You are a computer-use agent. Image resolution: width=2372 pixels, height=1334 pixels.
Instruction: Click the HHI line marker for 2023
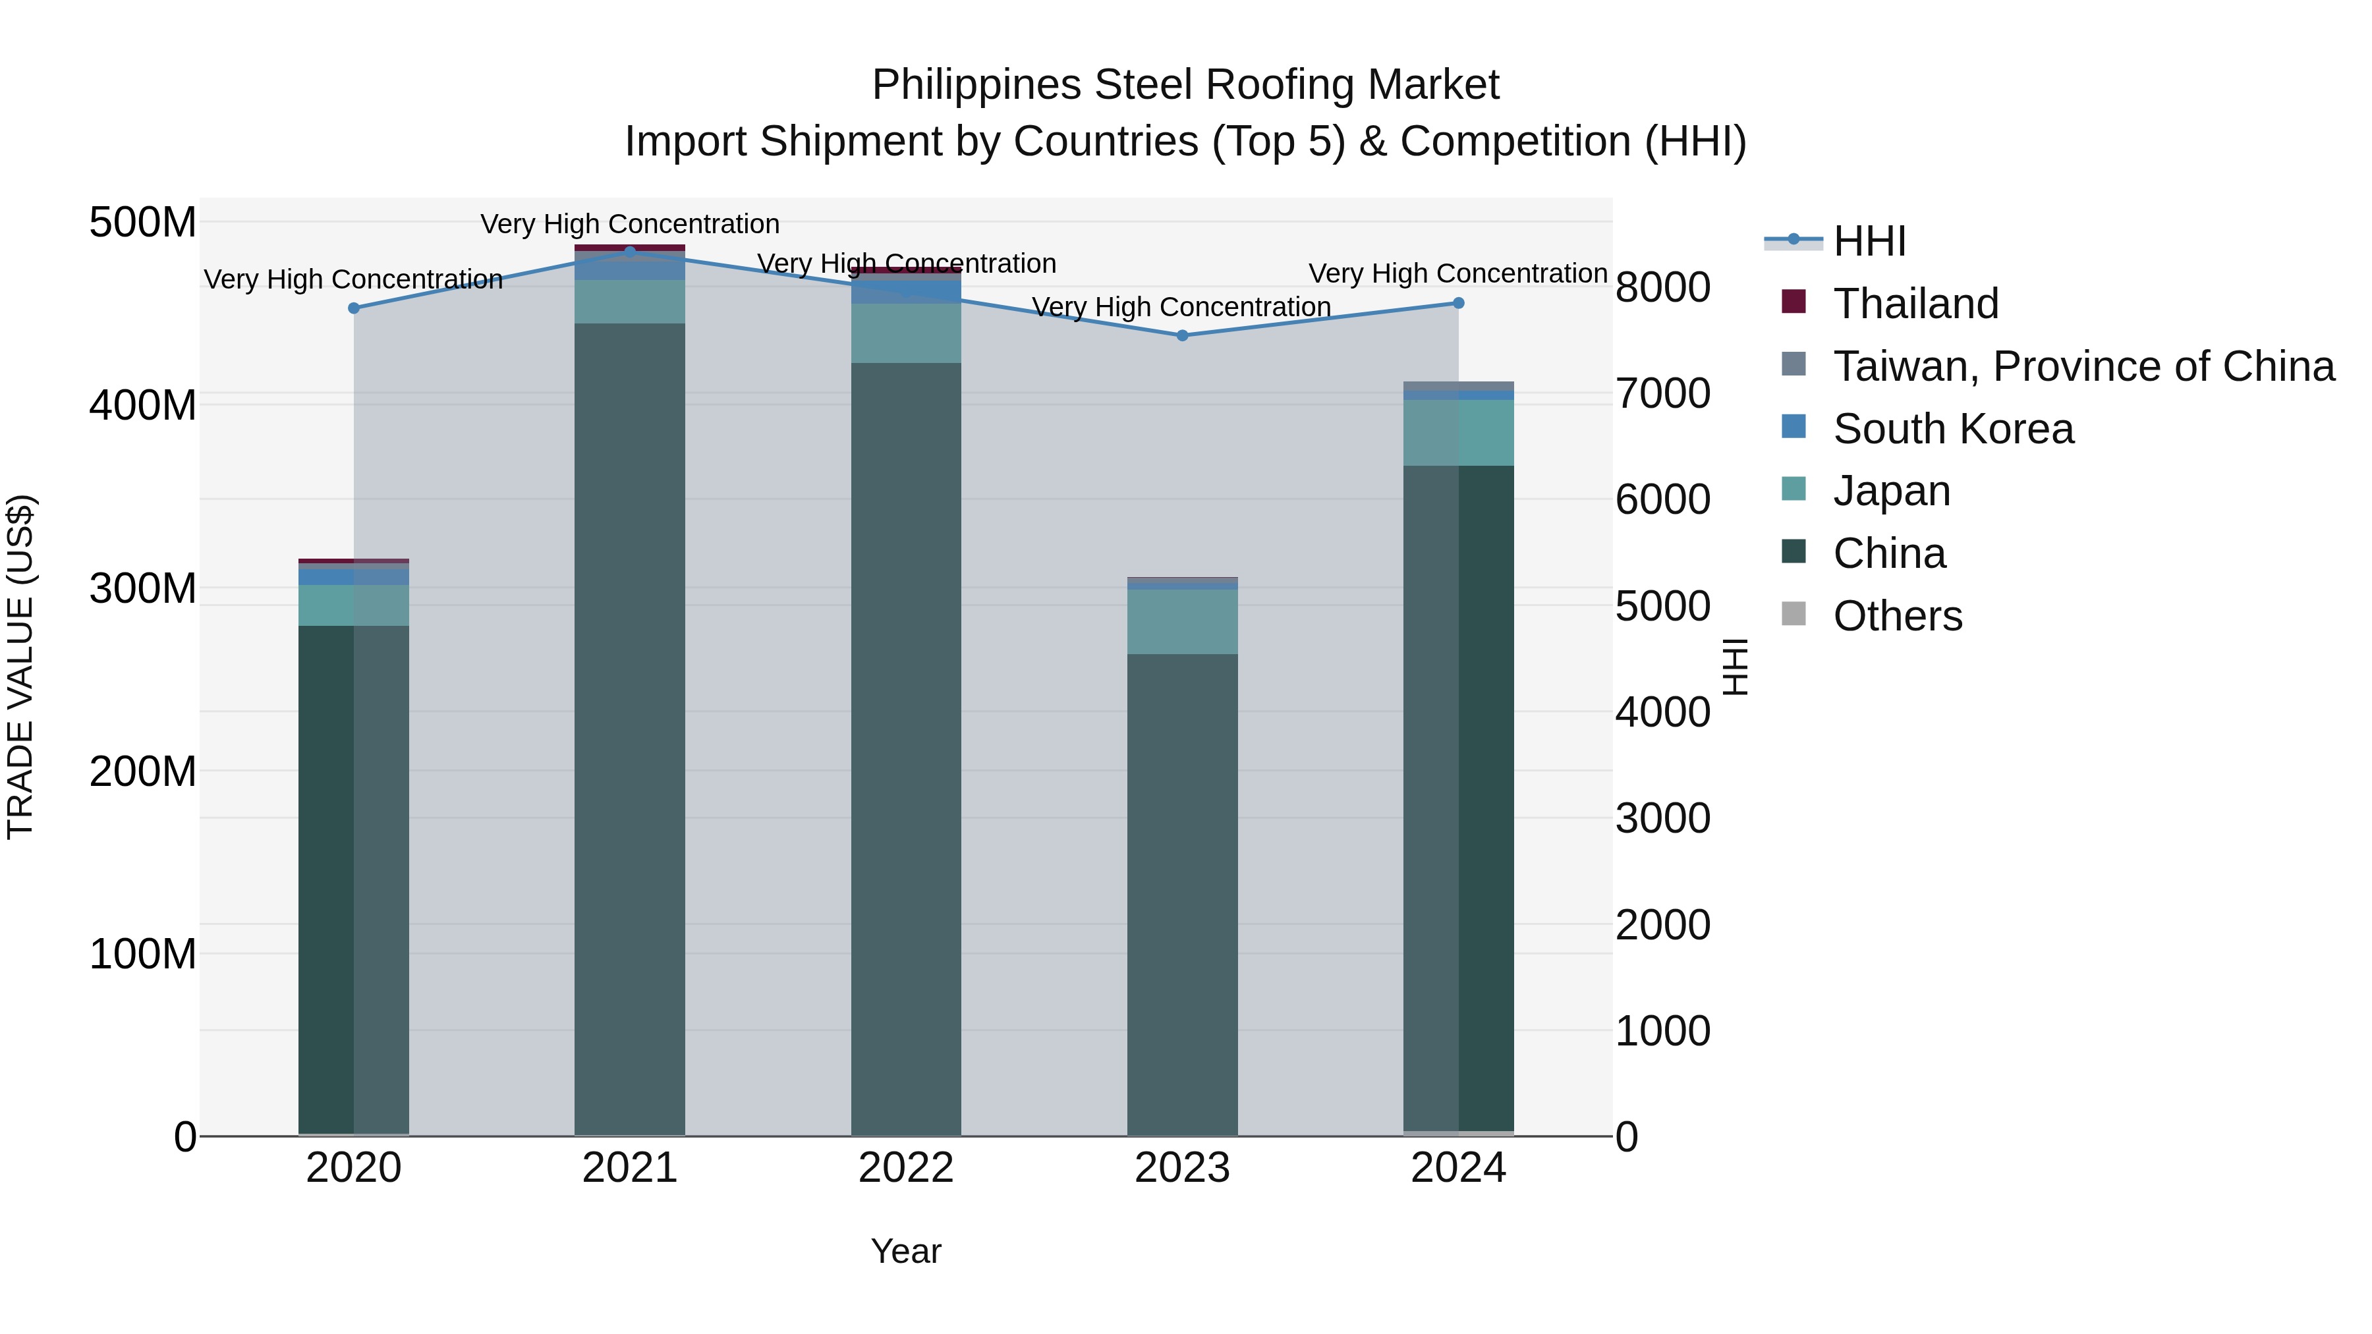[1182, 335]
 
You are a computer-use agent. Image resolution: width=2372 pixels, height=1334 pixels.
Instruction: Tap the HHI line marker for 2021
[630, 252]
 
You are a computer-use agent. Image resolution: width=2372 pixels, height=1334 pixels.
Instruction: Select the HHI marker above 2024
[1459, 303]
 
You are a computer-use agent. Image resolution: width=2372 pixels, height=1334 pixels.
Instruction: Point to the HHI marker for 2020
[354, 308]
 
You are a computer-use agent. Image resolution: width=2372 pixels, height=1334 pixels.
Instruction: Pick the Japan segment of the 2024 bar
[1459, 433]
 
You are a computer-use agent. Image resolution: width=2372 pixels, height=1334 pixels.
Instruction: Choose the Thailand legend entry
[1915, 304]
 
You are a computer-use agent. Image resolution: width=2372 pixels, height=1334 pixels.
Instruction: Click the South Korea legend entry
[1952, 429]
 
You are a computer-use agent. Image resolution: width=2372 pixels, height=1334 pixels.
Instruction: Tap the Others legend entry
[1897, 616]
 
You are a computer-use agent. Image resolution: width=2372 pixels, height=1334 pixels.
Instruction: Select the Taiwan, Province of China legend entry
[2083, 366]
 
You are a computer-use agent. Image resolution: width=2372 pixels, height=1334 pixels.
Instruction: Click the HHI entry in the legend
[1869, 241]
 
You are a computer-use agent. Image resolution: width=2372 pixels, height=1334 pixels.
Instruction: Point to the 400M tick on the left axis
[143, 405]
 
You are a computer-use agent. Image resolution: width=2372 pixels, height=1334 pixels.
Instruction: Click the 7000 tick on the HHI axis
[1663, 393]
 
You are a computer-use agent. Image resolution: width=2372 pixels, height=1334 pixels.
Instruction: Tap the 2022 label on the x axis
[906, 1168]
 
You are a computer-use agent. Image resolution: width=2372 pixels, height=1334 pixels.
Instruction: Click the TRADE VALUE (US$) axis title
[20, 667]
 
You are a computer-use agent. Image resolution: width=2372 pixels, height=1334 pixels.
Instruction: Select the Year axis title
[906, 1251]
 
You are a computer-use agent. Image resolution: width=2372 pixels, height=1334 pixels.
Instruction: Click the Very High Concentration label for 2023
[1181, 306]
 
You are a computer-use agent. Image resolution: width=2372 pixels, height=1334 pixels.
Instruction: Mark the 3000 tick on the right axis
[1663, 818]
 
